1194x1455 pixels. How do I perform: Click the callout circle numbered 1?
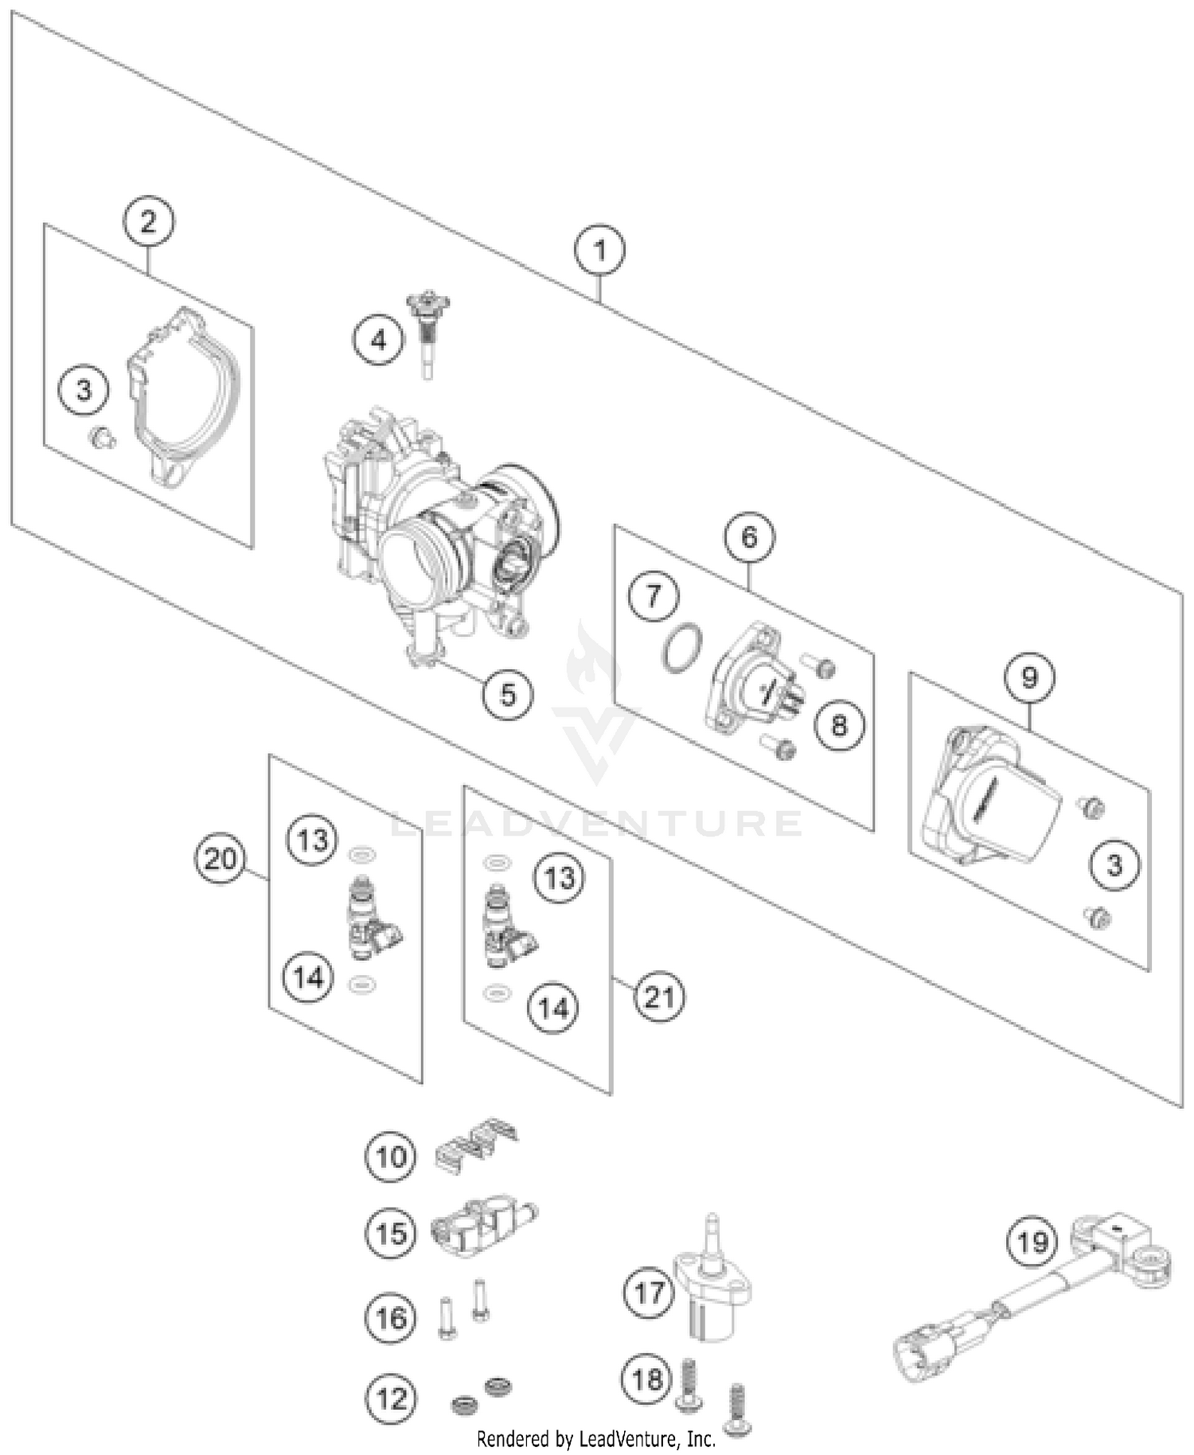600,250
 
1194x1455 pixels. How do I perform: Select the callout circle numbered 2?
149,221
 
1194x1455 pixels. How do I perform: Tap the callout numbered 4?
378,341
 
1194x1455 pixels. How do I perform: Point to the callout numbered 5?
508,694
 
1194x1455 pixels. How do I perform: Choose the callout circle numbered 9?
1029,677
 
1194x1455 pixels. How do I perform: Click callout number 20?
220,860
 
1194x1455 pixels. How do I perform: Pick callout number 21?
659,997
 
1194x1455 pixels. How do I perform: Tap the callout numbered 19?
1032,1241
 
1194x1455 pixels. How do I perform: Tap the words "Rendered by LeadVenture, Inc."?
595,1439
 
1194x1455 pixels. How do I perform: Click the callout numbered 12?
391,1398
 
